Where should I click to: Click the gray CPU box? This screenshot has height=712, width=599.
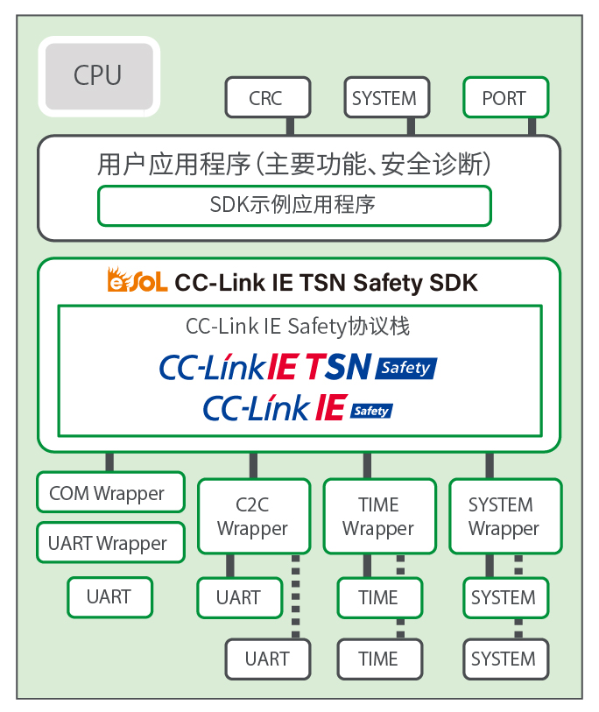pyautogui.click(x=99, y=76)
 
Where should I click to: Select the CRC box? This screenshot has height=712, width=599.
pyautogui.click(x=267, y=98)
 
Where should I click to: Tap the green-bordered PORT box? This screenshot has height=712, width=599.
pyautogui.click(x=504, y=98)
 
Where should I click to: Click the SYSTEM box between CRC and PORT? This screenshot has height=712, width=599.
pyautogui.click(x=384, y=98)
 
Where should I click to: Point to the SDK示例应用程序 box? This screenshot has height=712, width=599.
pyautogui.click(x=293, y=206)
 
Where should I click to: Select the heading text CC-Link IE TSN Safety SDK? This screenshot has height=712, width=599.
pyautogui.click(x=327, y=283)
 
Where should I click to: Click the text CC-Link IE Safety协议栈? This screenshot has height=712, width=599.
pyautogui.click(x=298, y=328)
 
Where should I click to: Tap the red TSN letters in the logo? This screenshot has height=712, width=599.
pyautogui.click(x=337, y=367)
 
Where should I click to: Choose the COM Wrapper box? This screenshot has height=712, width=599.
pyautogui.click(x=110, y=493)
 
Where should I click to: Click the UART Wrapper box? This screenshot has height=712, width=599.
pyautogui.click(x=110, y=543)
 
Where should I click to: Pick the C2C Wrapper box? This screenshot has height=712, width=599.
pyautogui.click(x=253, y=517)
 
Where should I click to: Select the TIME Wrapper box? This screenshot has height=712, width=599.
pyautogui.click(x=378, y=517)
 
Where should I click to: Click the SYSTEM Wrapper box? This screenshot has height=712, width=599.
pyautogui.click(x=504, y=517)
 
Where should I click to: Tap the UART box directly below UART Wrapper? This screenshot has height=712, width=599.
pyautogui.click(x=110, y=597)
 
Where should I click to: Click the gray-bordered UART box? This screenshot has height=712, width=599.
pyautogui.click(x=268, y=659)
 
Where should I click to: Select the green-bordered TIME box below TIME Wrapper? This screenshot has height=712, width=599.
pyautogui.click(x=378, y=597)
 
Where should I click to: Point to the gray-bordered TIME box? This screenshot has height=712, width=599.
pyautogui.click(x=378, y=659)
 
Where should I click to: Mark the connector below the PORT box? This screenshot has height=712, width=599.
pyautogui.click(x=531, y=126)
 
